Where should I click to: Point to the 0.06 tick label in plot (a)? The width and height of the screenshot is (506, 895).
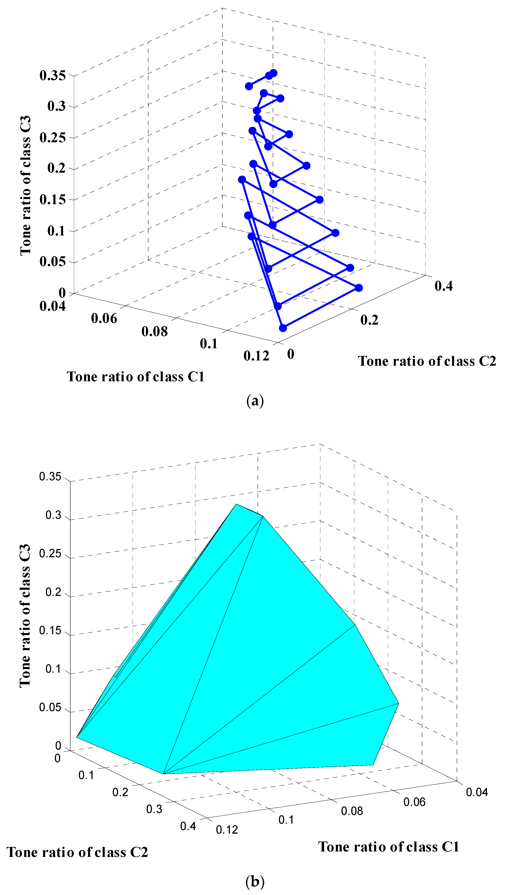click(104, 318)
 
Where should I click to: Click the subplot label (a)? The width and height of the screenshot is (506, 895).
click(255, 401)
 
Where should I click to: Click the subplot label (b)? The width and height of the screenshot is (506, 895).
click(255, 882)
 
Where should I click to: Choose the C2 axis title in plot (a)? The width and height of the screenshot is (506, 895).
click(427, 361)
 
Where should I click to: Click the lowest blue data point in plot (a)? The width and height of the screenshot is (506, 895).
click(283, 328)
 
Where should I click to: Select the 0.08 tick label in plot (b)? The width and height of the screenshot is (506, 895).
click(352, 811)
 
